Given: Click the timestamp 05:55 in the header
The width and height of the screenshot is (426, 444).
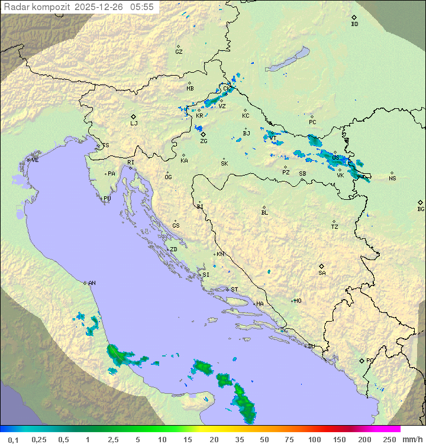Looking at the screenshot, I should point(142,7).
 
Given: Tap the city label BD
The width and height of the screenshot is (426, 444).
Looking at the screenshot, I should point(354,24).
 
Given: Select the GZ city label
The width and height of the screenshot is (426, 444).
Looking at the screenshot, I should point(179,52).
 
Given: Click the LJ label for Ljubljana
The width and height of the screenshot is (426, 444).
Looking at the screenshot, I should point(134,124).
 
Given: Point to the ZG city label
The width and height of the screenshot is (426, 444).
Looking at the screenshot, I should point(204,141).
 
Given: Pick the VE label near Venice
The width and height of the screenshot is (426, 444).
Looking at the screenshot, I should point(35,160).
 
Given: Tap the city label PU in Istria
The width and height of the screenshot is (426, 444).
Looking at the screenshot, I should point(107,199).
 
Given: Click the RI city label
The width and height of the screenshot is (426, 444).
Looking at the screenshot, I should point(131,162).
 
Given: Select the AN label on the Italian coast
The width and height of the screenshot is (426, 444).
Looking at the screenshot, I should point(92,283).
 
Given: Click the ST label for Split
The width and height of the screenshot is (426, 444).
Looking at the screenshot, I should point(234,290).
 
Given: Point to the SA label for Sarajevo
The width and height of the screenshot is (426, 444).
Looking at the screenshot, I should point(322,273).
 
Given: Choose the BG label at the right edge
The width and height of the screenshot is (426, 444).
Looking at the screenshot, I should point(421,209).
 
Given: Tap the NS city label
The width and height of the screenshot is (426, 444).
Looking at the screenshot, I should point(392,179).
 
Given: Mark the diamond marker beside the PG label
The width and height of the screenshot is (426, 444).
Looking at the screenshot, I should point(362,360).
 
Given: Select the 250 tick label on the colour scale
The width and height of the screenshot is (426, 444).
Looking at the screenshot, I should point(389,439).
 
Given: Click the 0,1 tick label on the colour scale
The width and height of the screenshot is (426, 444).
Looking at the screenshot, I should point(13,439).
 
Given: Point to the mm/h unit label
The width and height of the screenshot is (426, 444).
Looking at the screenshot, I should point(412,439).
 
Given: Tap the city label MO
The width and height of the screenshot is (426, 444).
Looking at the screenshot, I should point(298,300).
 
